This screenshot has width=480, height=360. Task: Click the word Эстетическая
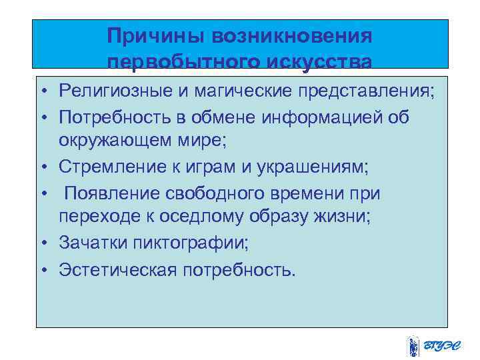pyautogui.click(x=117, y=269)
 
